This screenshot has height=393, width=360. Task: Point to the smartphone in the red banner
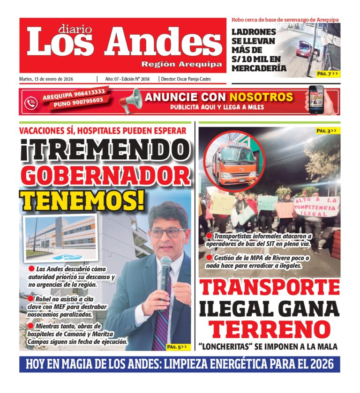(316, 99)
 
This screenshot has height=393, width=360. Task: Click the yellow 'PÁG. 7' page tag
(327, 74)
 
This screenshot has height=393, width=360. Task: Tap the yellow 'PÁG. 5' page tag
(177, 347)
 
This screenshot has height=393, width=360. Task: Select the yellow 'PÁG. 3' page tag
(326, 131)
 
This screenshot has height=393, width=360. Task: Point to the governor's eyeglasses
(167, 232)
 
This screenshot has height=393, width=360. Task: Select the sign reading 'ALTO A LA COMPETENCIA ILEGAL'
(316, 206)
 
